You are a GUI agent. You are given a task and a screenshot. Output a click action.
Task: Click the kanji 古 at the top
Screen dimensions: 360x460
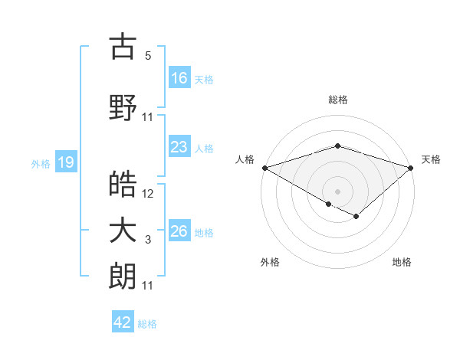point(123,47)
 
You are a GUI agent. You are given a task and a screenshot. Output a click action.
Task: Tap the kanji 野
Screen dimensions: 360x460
point(123,107)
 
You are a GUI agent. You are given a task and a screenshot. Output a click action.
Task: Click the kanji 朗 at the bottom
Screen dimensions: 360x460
point(123,276)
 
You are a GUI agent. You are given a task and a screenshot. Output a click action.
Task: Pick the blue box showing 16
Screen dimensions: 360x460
point(179,77)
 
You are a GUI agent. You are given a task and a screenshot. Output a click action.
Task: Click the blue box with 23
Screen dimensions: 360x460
point(179,147)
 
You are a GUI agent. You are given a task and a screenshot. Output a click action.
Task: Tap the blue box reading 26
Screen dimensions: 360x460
point(179,231)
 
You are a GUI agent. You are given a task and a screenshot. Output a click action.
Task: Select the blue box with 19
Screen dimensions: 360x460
point(65,162)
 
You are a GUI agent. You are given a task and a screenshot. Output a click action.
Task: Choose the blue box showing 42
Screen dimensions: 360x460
point(123,322)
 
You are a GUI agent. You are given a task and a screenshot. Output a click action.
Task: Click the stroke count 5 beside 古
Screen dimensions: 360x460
point(148,56)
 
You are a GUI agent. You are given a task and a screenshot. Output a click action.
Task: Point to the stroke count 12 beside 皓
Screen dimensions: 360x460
point(148,194)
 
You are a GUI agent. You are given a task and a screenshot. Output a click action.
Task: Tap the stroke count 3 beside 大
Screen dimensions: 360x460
point(148,241)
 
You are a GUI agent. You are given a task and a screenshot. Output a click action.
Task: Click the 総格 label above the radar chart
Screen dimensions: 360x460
point(338,100)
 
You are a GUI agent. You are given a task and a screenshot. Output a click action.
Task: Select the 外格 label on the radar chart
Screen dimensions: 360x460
point(270,262)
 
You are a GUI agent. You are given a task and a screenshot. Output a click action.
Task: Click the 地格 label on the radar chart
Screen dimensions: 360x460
point(402,262)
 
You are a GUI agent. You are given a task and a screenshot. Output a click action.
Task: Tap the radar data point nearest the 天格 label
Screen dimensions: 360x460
point(412,167)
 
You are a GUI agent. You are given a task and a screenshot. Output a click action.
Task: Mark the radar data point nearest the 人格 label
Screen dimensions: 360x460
point(264,167)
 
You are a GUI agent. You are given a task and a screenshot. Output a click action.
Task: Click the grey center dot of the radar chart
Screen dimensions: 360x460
point(337,190)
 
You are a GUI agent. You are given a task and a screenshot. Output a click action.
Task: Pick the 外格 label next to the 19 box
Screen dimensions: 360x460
point(41,163)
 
